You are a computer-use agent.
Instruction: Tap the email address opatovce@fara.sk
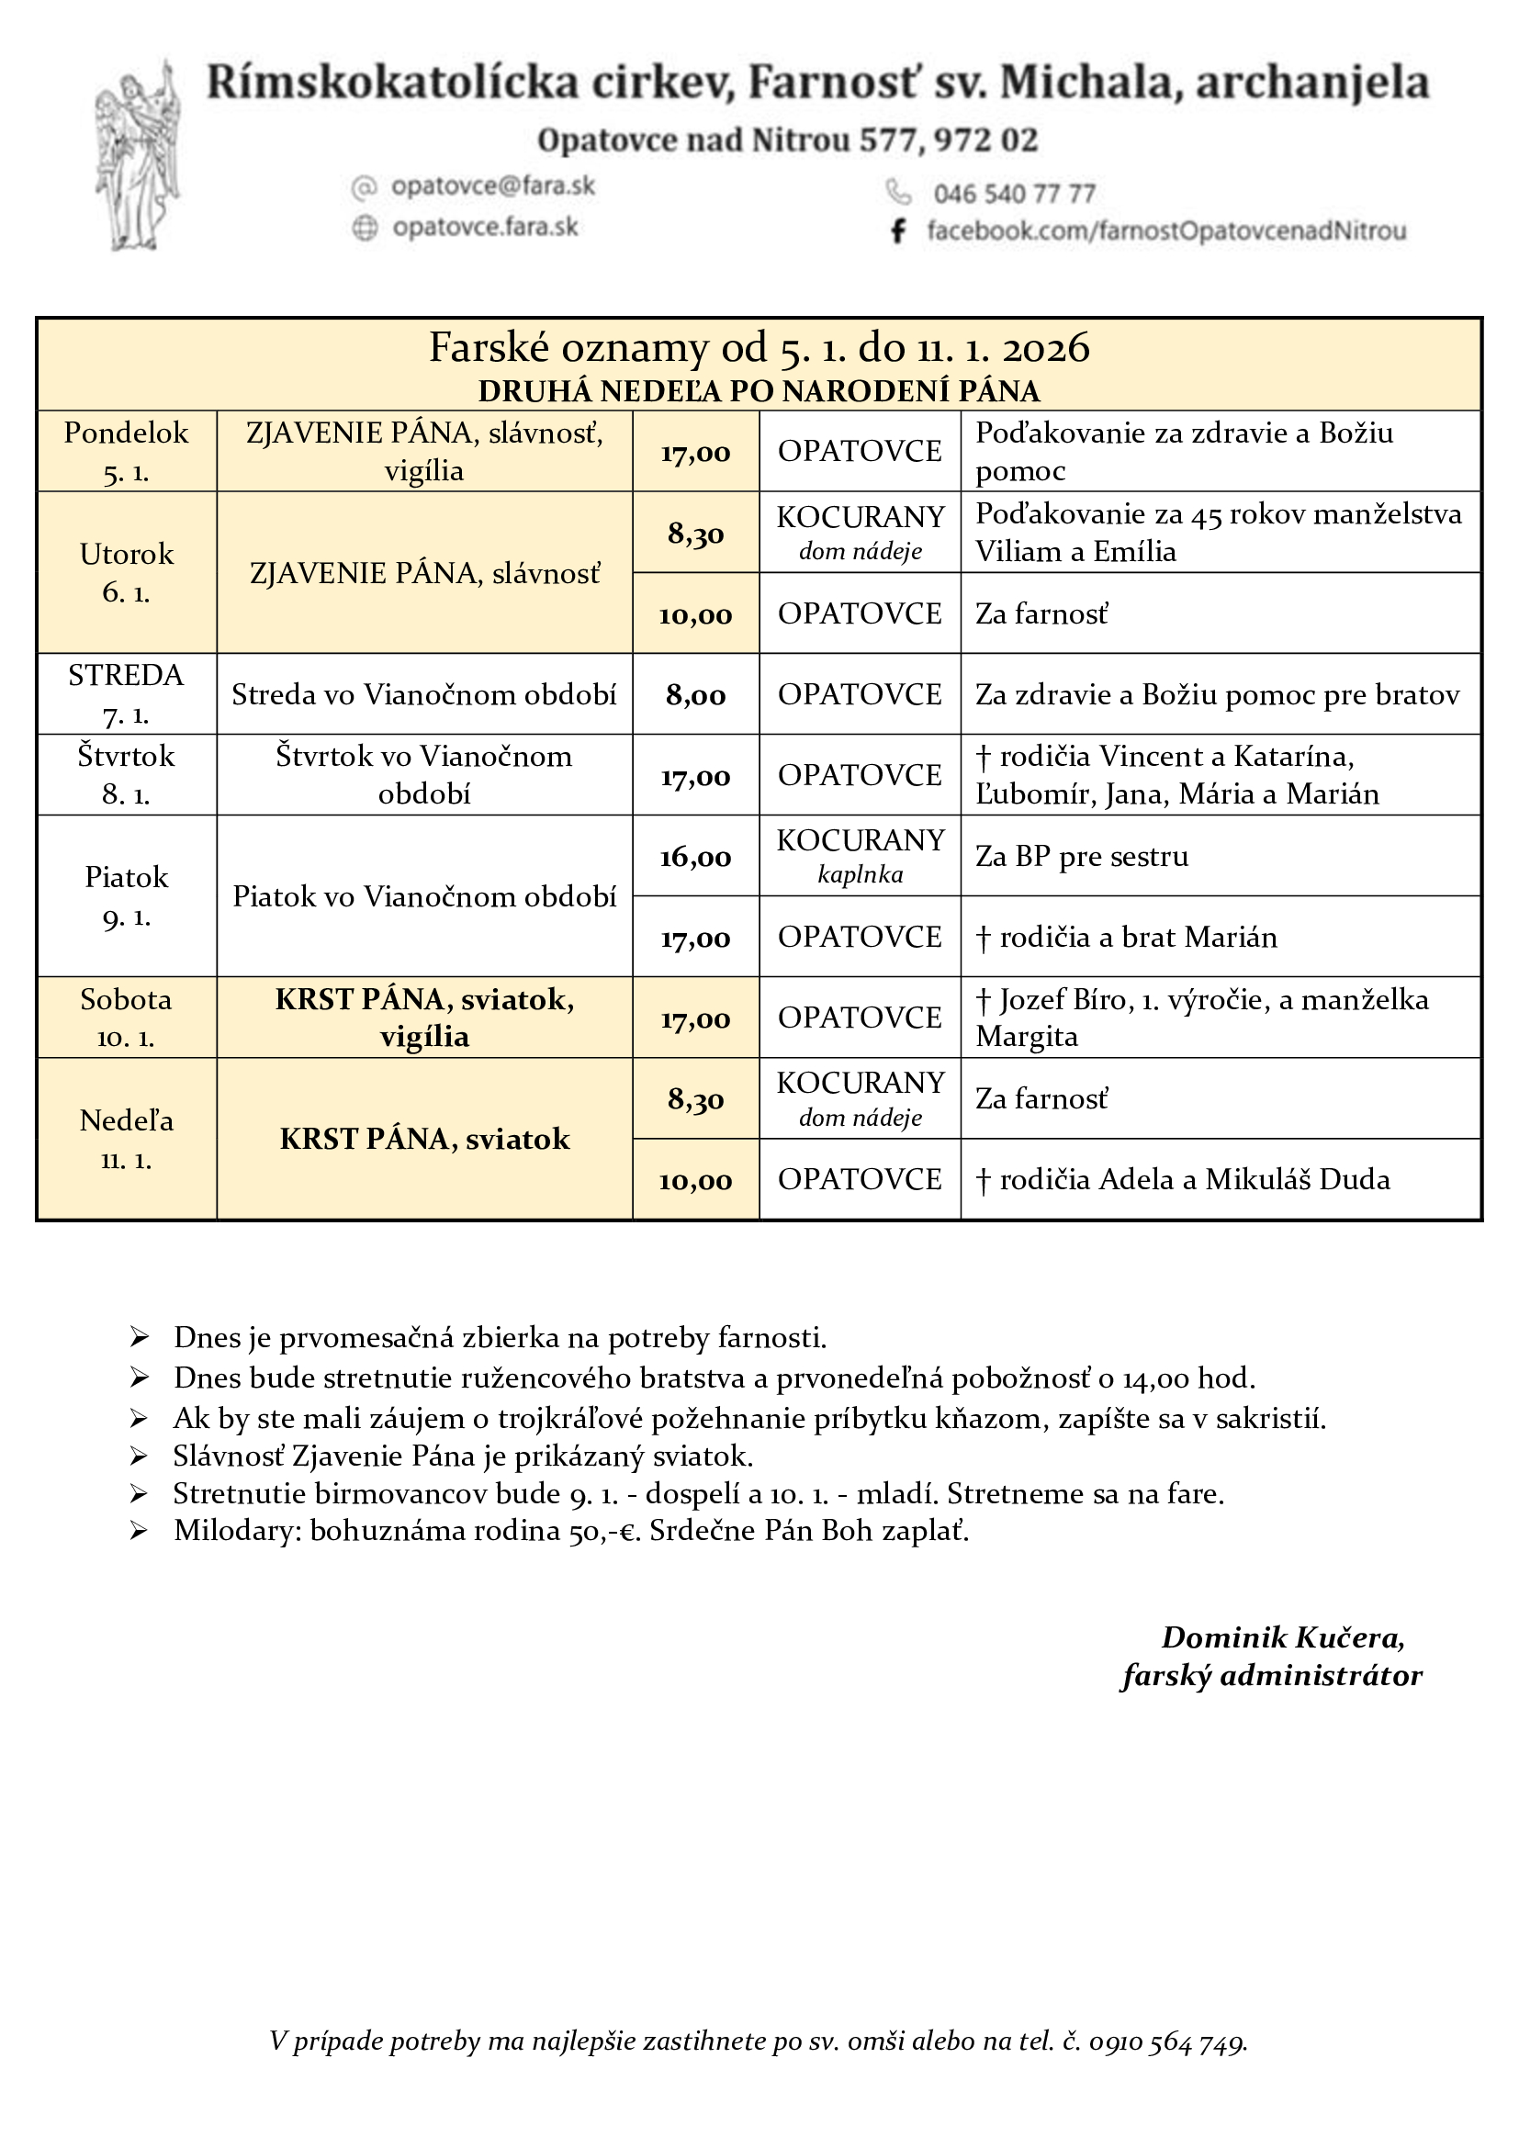tap(493, 186)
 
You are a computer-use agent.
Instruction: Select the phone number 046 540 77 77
tap(1014, 194)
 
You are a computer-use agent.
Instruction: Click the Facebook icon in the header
tap(898, 231)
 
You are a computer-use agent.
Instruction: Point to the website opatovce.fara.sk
tap(486, 228)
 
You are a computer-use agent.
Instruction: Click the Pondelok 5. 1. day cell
tap(126, 452)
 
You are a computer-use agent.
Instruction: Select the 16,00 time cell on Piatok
tap(695, 857)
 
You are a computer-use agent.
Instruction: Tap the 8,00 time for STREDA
tap(695, 695)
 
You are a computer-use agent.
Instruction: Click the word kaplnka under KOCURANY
tap(860, 875)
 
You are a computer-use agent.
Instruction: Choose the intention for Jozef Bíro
tap(1201, 1018)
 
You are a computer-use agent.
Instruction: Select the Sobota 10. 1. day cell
tap(126, 1018)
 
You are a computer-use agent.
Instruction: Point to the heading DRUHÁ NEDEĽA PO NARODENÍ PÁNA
tap(759, 391)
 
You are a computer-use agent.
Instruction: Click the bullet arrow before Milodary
tap(140, 1532)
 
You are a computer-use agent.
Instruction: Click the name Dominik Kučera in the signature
tap(1281, 1637)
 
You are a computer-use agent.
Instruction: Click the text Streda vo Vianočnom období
tap(423, 695)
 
